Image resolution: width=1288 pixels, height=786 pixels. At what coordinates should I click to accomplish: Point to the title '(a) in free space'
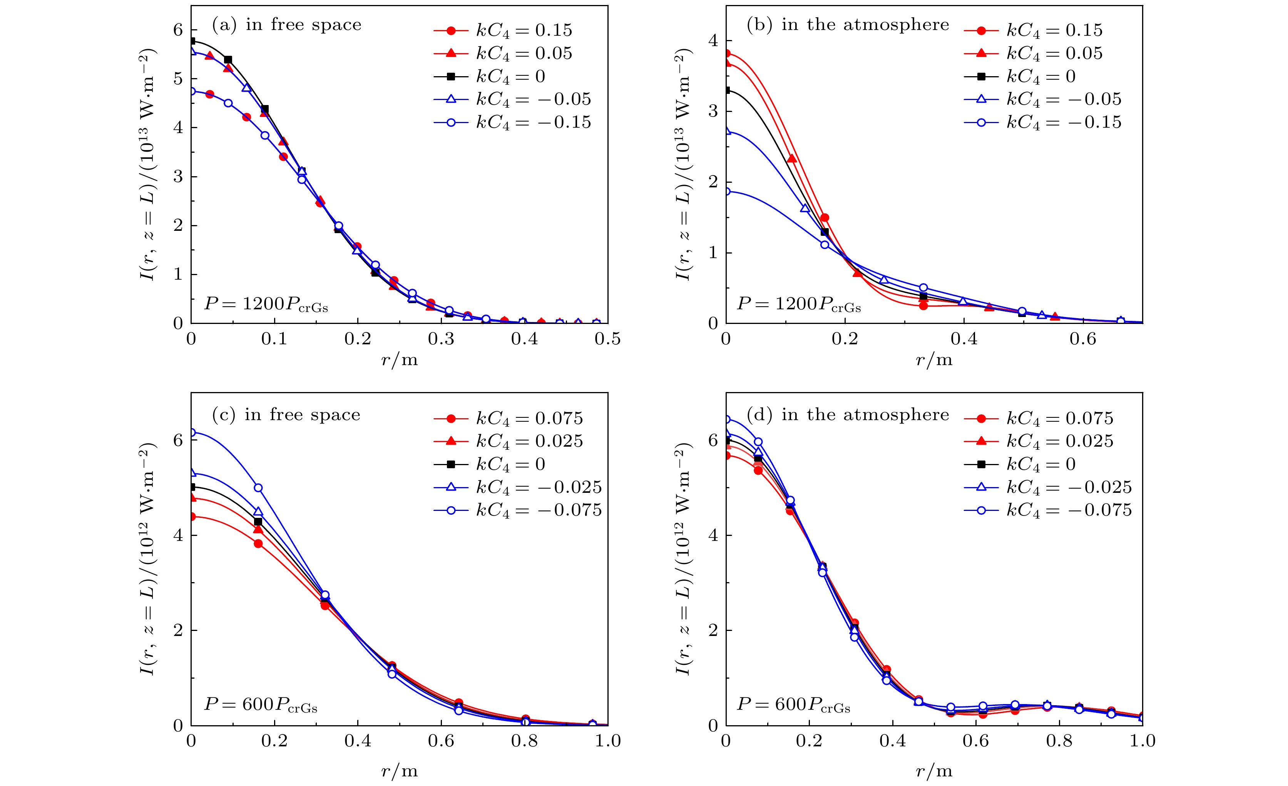[x=286, y=25]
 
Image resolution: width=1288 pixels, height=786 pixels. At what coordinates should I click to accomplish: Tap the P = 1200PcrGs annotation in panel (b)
[x=799, y=304]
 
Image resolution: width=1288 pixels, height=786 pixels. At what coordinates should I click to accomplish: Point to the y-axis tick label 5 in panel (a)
[x=178, y=78]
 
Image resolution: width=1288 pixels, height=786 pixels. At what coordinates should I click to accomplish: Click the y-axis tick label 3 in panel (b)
[x=713, y=111]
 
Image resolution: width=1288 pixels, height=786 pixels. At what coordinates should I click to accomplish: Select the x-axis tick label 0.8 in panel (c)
[x=524, y=741]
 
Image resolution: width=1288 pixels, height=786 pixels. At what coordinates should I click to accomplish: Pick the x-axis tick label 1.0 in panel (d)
[x=1142, y=741]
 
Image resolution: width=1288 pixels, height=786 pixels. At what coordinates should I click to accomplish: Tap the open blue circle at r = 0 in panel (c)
[x=192, y=432]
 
